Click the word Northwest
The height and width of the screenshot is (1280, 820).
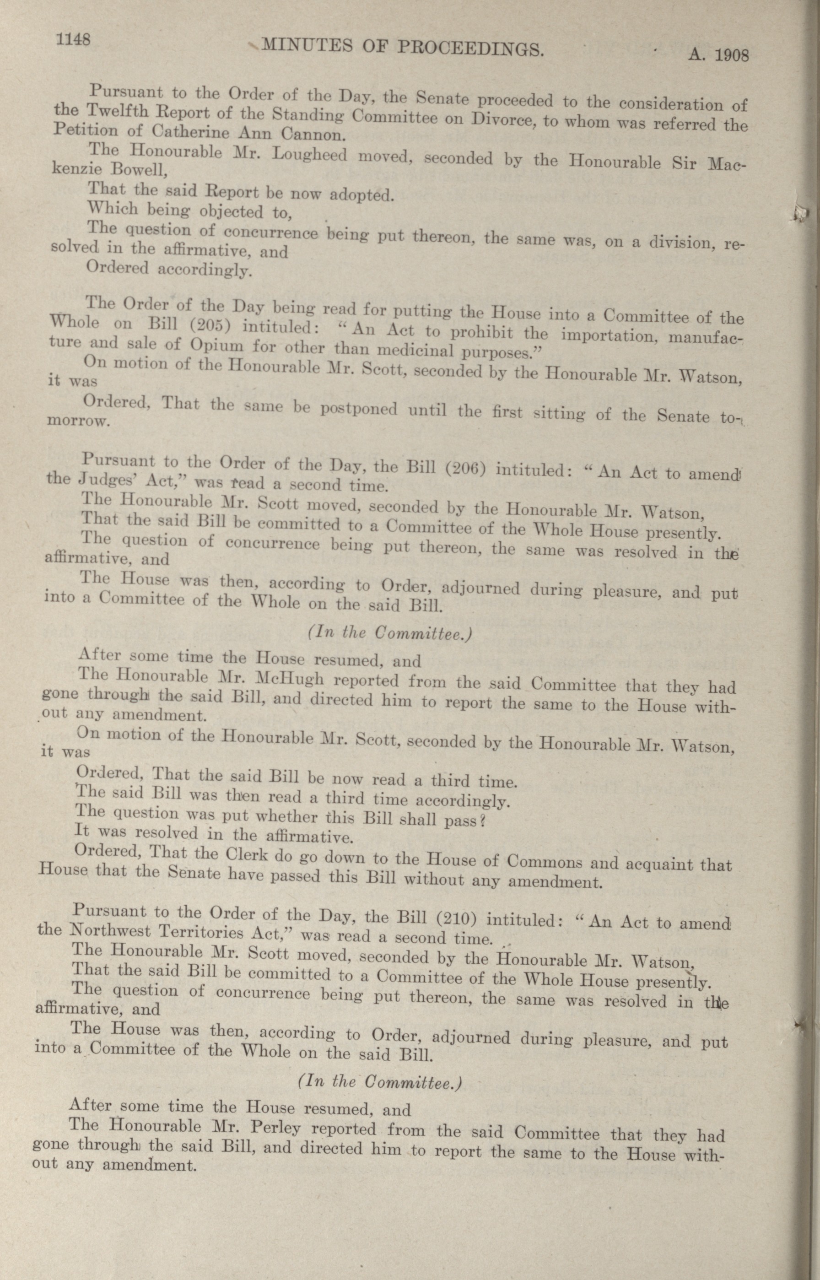pos(108,930)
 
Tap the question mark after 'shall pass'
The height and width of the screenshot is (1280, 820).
pos(481,821)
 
